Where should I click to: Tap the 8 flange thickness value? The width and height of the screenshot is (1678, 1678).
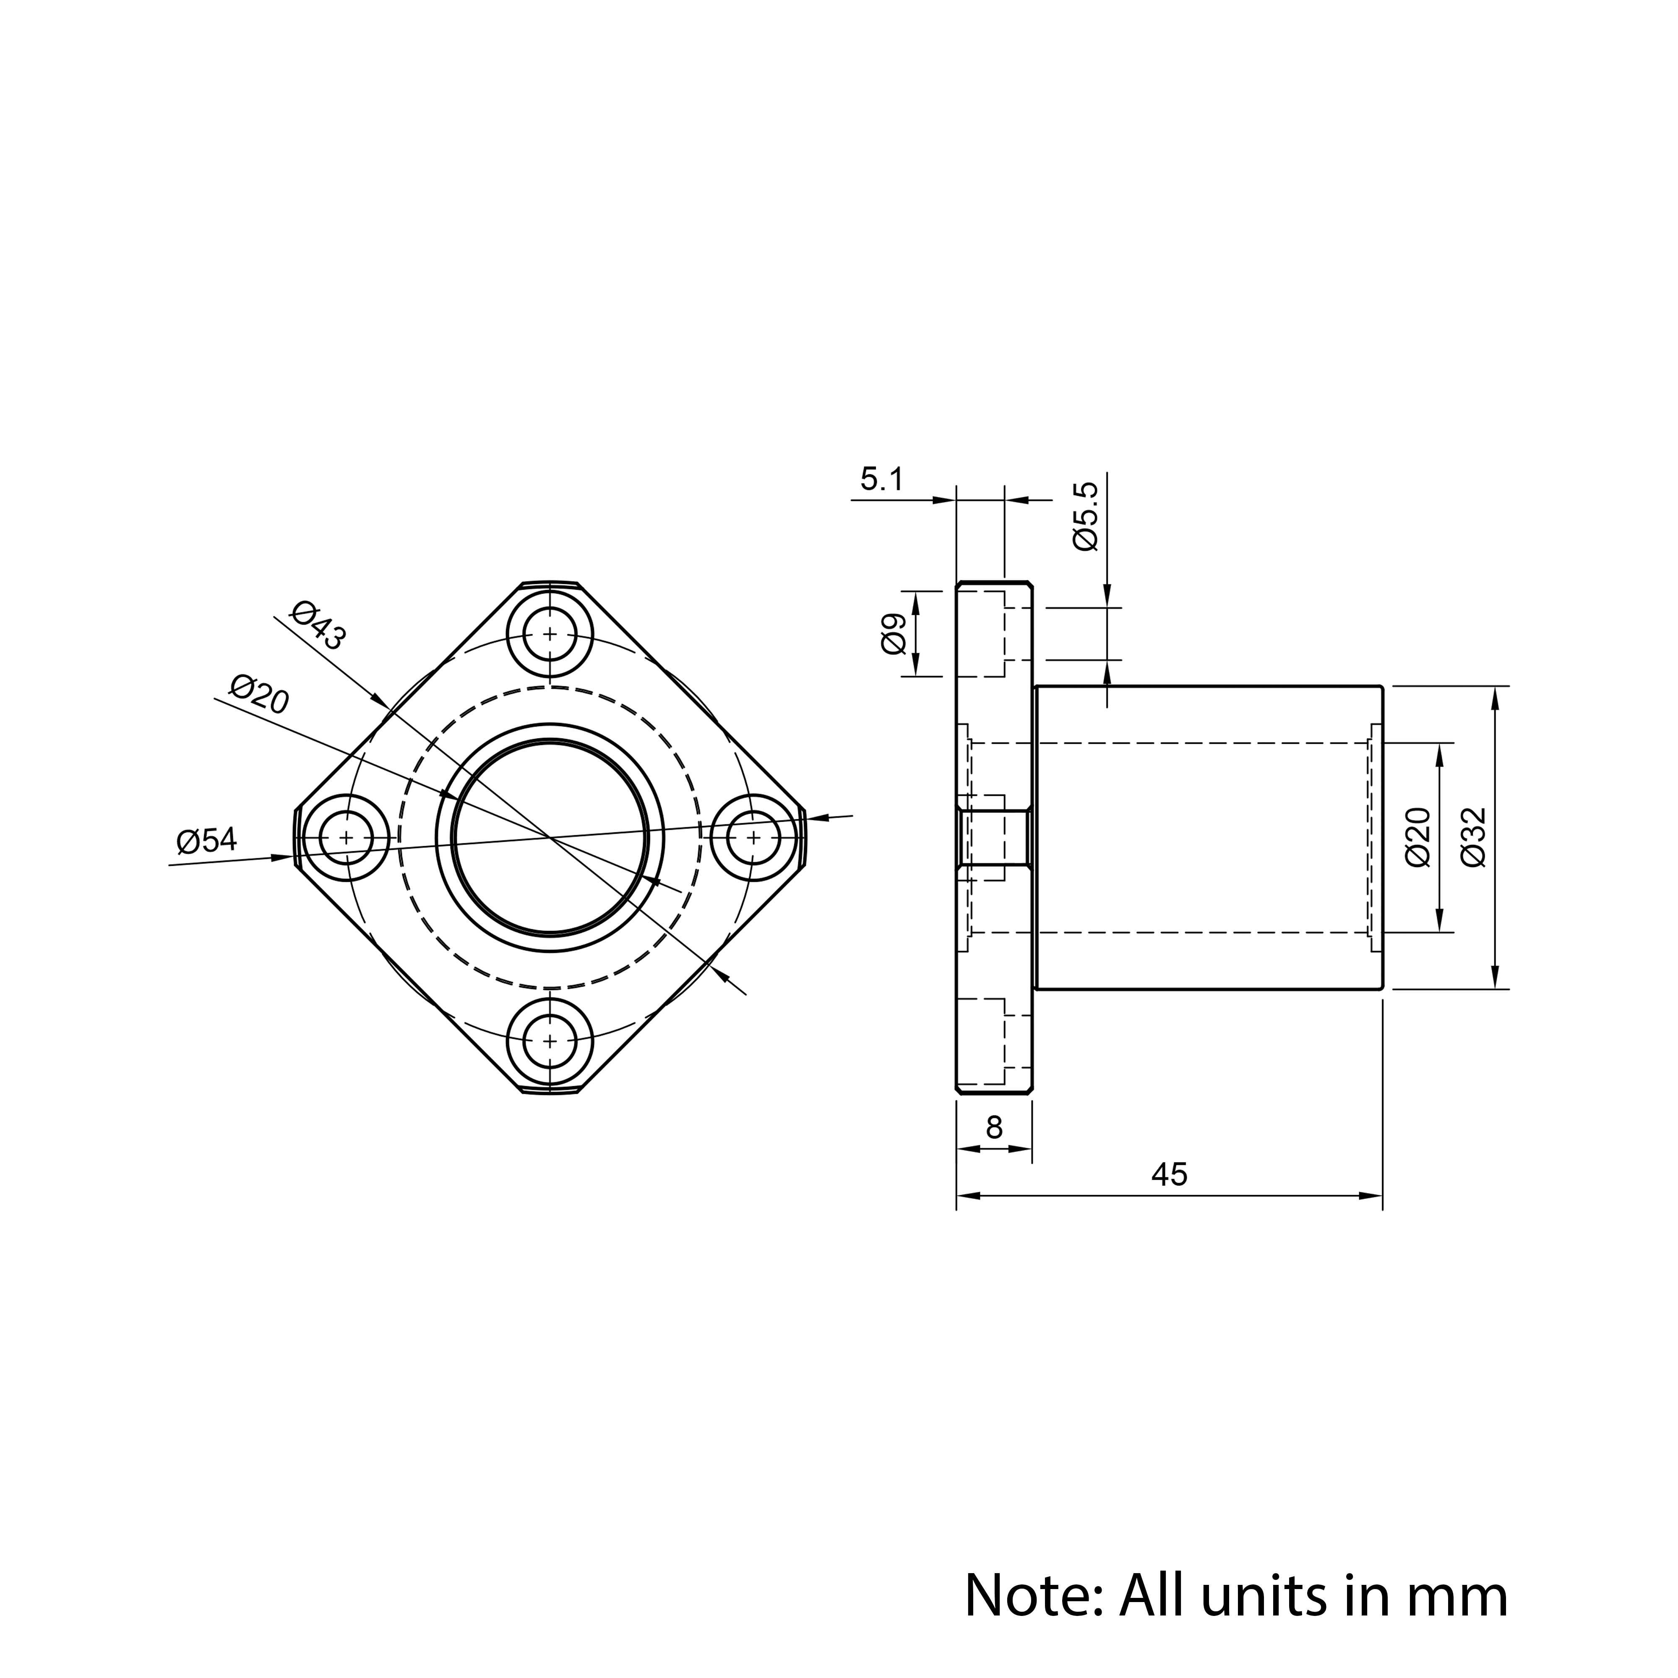pyautogui.click(x=995, y=1128)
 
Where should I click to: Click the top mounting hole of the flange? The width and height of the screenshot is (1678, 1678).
pyautogui.click(x=550, y=634)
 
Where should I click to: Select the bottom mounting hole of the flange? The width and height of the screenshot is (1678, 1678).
pyautogui.click(x=550, y=1040)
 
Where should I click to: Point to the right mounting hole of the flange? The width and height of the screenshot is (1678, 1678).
pyautogui.click(x=753, y=837)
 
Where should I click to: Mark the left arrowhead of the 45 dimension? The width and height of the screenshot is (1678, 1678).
pyautogui.click(x=968, y=1196)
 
